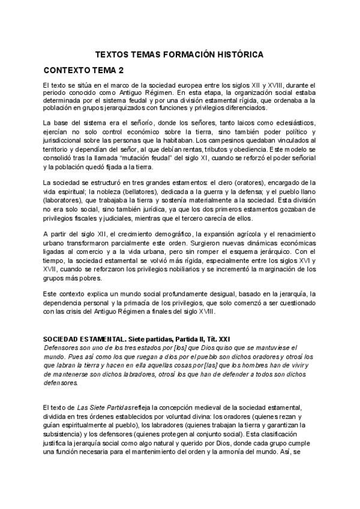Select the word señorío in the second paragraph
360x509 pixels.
click(155, 123)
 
